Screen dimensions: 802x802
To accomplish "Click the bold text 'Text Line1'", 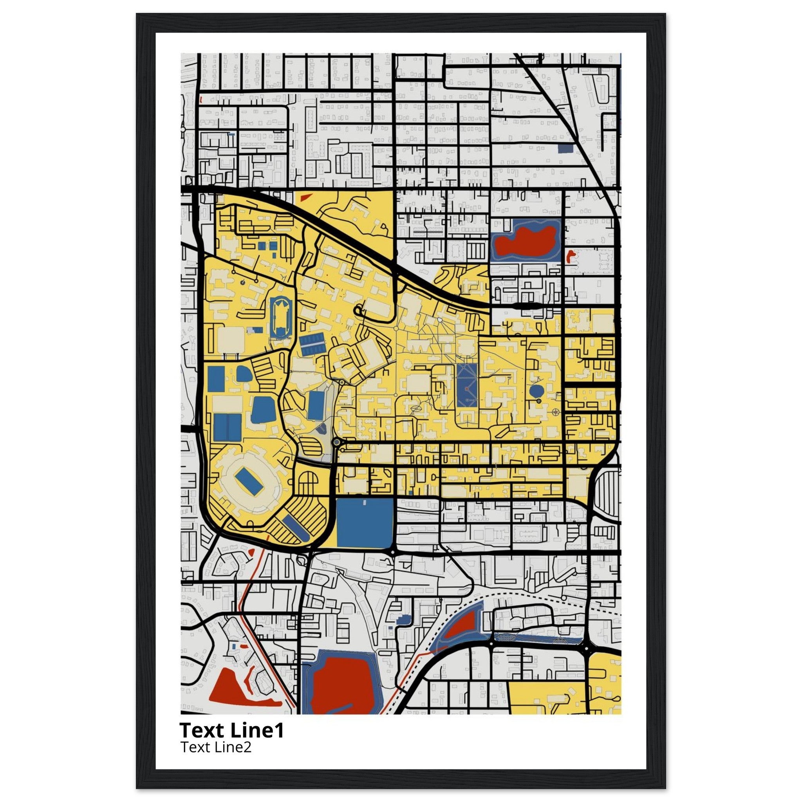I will pyautogui.click(x=232, y=730).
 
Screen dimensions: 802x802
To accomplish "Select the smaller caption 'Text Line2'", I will pyautogui.click(x=216, y=747).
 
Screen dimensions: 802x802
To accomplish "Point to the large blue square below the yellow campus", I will pyautogui.click(x=365, y=523).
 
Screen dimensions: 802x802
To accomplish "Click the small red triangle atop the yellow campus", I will pyautogui.click(x=306, y=198).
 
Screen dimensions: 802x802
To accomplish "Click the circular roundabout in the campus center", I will pyautogui.click(x=336, y=443).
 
